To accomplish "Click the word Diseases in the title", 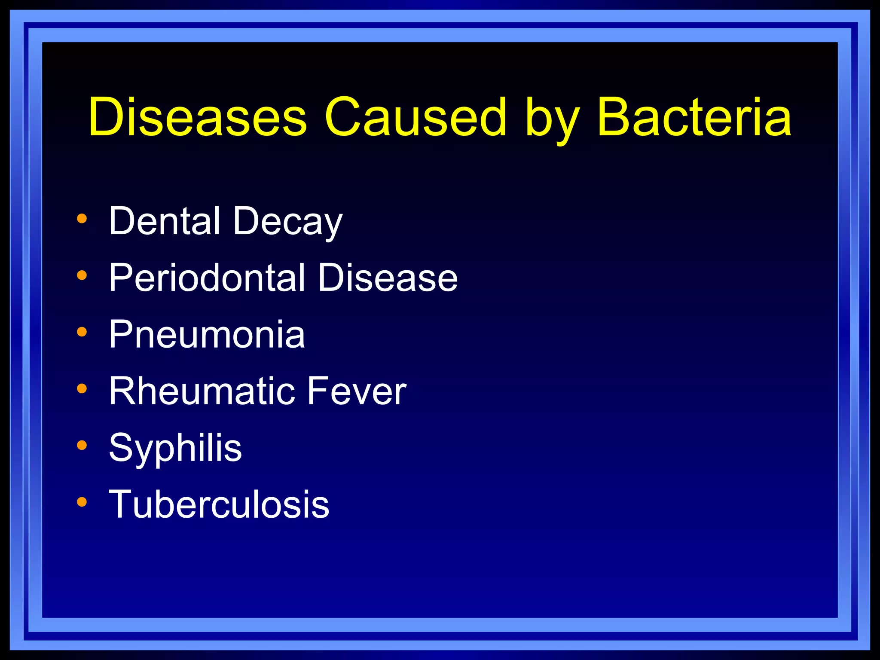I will (x=198, y=117).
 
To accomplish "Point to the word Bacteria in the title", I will (x=694, y=117).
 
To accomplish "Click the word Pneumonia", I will (x=207, y=334).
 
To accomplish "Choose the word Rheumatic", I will (x=202, y=391).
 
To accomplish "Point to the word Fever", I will (x=356, y=391).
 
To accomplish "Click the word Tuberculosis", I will (x=219, y=504).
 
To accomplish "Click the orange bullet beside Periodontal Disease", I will (x=82, y=275).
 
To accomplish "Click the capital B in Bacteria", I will (x=614, y=117).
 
